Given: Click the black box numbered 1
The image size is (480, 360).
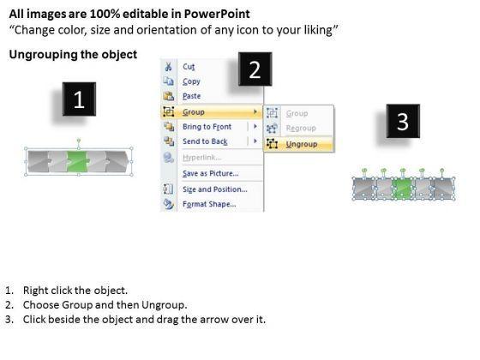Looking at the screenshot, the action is click(x=79, y=99).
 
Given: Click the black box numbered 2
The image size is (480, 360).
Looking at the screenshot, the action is click(x=255, y=69).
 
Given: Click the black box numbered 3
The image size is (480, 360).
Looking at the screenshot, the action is click(x=403, y=121).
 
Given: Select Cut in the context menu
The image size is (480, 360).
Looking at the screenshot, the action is click(x=189, y=67).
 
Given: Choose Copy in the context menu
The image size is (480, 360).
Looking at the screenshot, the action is click(x=191, y=81).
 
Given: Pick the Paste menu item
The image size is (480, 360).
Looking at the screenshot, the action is click(x=192, y=96).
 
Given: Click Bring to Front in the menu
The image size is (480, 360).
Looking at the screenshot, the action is click(x=207, y=127).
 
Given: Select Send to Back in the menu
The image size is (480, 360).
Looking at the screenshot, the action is click(x=205, y=141).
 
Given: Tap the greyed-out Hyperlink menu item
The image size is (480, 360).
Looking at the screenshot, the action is click(x=201, y=158).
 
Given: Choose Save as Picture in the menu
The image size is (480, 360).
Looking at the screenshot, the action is click(x=211, y=173).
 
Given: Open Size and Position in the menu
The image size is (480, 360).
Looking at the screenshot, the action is click(x=215, y=189).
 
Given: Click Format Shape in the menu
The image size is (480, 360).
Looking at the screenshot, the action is click(x=209, y=204).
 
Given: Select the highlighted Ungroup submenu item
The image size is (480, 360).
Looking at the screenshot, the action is click(x=302, y=144).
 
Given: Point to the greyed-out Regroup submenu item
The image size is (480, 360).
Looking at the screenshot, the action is click(x=301, y=128).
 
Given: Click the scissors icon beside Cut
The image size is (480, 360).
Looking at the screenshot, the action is click(x=168, y=67).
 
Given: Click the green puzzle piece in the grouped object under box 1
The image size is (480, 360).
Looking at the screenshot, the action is click(x=78, y=161).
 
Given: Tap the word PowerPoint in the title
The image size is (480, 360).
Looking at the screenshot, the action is click(x=217, y=14).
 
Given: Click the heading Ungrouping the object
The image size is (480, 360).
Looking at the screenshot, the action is click(x=73, y=55).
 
